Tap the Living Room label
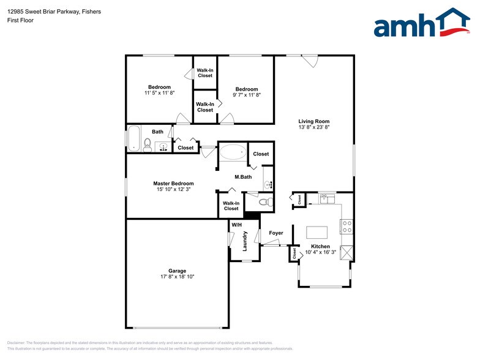[314, 121]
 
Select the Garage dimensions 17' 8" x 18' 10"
[178, 277]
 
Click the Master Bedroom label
[173, 184]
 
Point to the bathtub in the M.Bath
[233, 152]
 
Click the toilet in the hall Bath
[148, 146]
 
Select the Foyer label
[276, 233]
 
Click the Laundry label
[245, 241]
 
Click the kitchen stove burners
[347, 227]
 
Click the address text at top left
[54, 12]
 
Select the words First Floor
[21, 20]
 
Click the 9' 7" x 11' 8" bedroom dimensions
[247, 95]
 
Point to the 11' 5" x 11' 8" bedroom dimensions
[159, 93]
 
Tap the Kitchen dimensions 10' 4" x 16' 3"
[321, 252]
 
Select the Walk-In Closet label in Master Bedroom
[231, 206]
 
